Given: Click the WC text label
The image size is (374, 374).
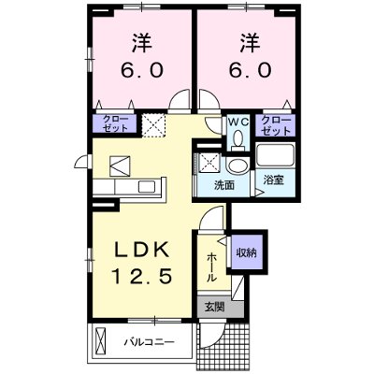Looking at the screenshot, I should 237,122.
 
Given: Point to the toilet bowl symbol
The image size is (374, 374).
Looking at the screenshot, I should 237,139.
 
